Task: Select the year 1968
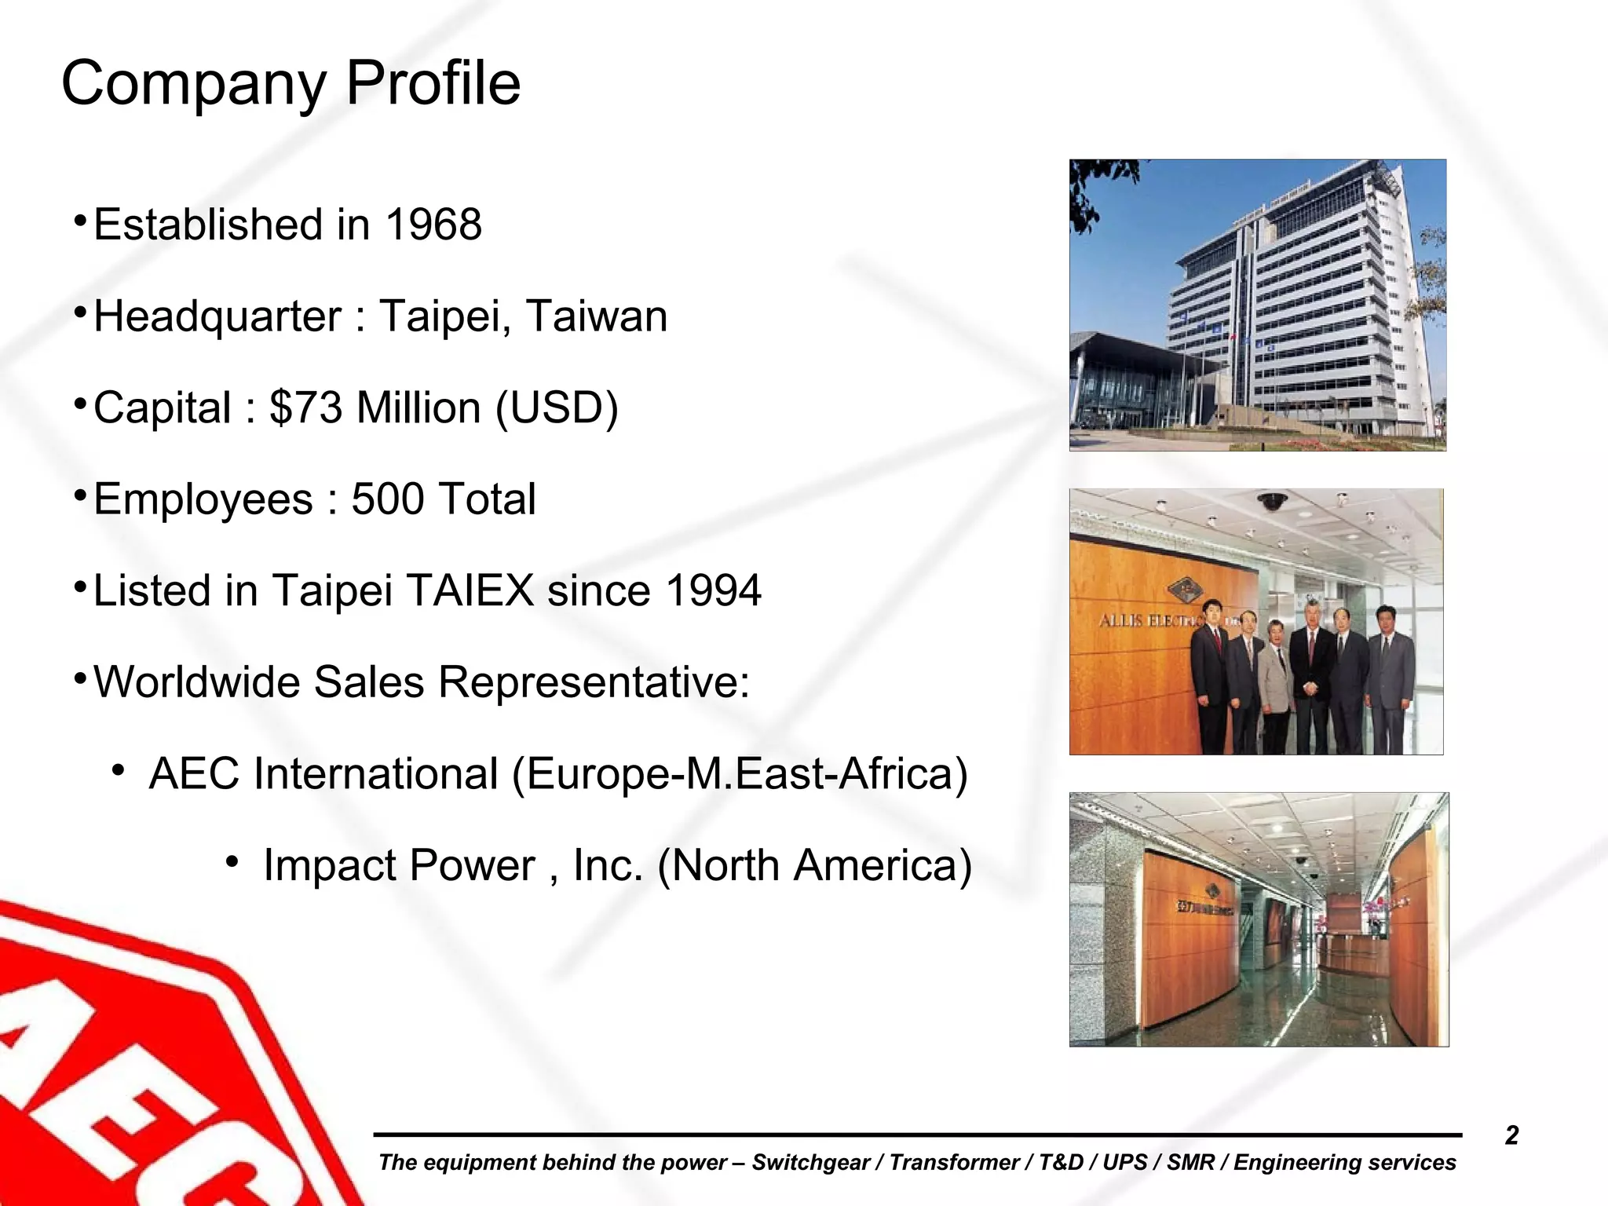(x=433, y=225)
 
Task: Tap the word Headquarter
(x=217, y=316)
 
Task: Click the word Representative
(x=594, y=682)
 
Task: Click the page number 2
(x=1511, y=1135)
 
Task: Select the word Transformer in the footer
(x=953, y=1163)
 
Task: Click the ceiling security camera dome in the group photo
(x=1272, y=501)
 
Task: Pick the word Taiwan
(x=596, y=316)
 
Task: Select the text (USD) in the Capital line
(x=557, y=408)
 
